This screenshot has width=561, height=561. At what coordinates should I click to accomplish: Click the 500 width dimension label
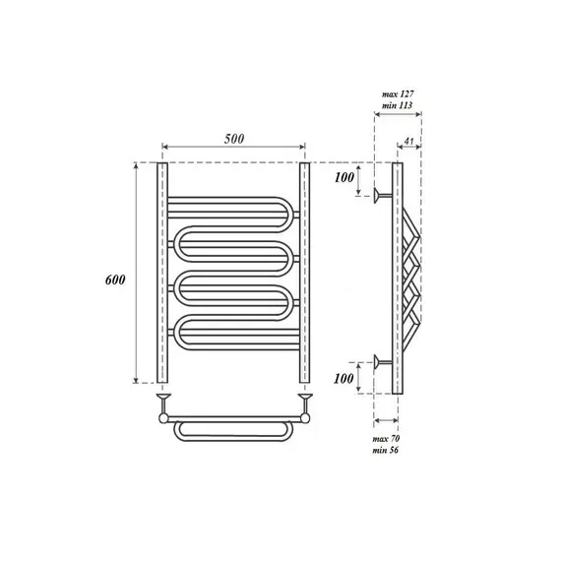(234, 139)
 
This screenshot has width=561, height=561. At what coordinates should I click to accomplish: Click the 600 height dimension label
(115, 280)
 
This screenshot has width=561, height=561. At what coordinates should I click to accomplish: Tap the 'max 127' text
(398, 94)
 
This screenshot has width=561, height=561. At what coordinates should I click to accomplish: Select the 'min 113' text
(397, 105)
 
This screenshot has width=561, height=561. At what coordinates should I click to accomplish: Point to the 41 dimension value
(408, 141)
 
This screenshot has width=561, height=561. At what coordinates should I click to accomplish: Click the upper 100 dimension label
(344, 177)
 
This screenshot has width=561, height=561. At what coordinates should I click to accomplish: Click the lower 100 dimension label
(343, 378)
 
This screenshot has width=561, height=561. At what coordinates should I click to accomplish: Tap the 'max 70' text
(386, 439)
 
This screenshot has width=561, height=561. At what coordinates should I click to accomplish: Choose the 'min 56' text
(386, 450)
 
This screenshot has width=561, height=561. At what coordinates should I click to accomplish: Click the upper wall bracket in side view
(383, 195)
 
